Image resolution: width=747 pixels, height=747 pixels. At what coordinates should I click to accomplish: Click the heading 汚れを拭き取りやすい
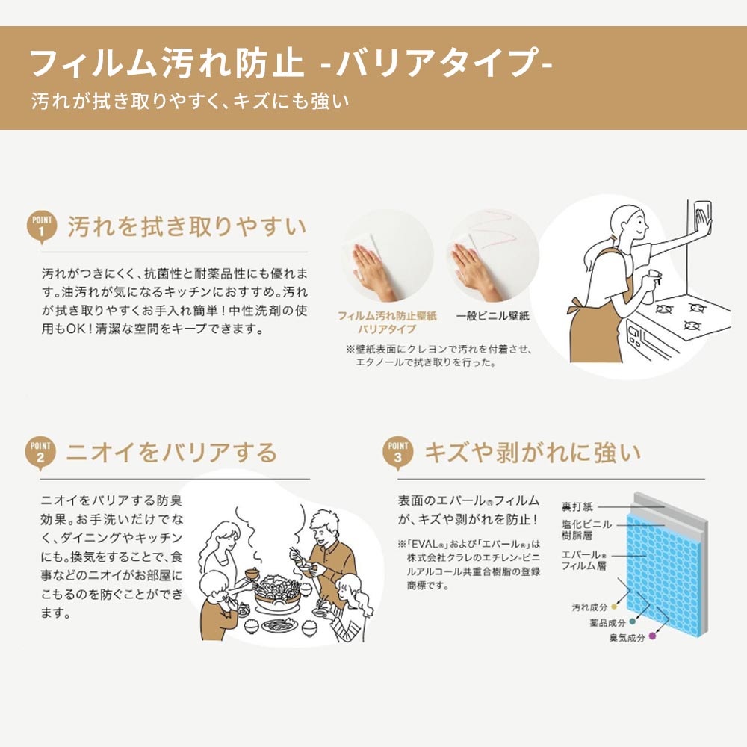[x=187, y=226]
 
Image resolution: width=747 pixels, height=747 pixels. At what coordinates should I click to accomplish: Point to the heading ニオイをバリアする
[x=172, y=453]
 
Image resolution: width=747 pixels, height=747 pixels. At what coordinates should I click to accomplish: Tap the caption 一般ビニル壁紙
[x=492, y=316]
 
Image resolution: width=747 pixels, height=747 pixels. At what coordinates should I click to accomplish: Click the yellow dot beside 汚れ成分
[x=614, y=606]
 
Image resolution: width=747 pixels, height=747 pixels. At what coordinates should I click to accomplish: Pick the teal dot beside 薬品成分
[x=633, y=621]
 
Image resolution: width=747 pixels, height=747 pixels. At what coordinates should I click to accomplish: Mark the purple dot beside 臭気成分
[x=652, y=636]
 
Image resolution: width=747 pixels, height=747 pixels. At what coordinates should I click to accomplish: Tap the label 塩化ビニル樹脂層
[x=586, y=530]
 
